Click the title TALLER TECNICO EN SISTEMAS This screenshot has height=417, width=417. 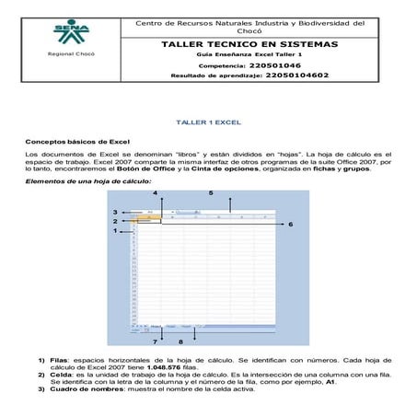249,44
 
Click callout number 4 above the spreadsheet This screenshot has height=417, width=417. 155,192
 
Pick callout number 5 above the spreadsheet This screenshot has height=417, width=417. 211,192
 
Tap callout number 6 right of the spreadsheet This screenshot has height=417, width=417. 291,224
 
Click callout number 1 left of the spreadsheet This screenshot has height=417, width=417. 115,231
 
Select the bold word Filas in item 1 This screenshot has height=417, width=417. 59,360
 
